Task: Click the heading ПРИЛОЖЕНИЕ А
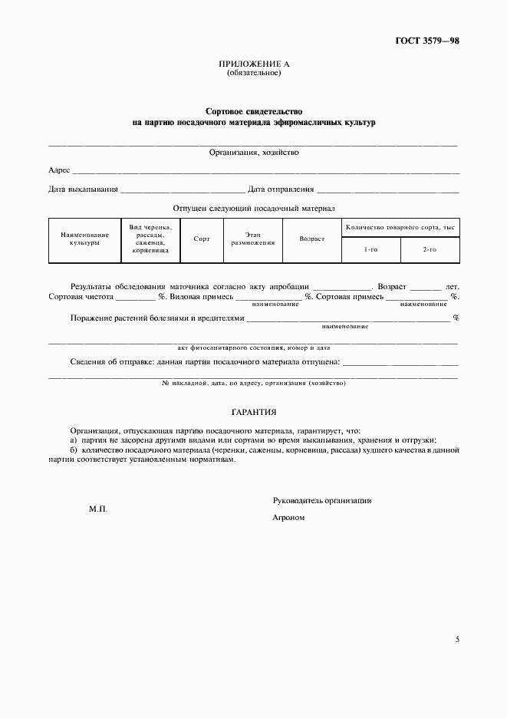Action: click(x=253, y=64)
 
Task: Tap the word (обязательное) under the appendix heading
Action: click(x=253, y=73)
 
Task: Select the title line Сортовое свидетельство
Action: click(x=253, y=111)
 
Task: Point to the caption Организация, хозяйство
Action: click(x=254, y=152)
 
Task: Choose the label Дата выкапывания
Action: click(x=83, y=189)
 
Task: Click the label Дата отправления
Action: click(x=281, y=189)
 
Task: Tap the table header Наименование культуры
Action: click(x=80, y=239)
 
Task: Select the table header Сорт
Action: click(x=202, y=239)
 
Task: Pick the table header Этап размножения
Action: click(x=253, y=239)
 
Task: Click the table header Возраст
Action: click(x=312, y=239)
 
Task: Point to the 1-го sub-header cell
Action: click(x=370, y=250)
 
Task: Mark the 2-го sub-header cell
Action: click(x=430, y=250)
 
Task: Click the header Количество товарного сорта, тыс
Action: click(x=400, y=228)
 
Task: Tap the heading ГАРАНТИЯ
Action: click(x=253, y=412)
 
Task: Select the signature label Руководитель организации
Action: click(x=322, y=500)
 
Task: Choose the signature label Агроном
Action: click(x=289, y=518)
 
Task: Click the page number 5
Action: click(x=457, y=639)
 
